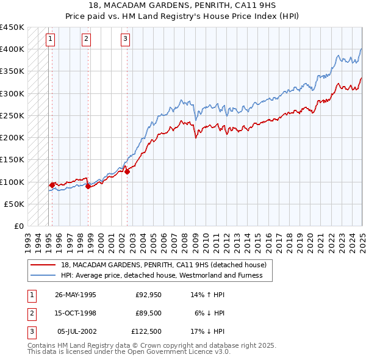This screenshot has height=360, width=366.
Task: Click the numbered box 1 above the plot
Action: click(49, 40)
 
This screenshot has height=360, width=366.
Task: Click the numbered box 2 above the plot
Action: click(87, 40)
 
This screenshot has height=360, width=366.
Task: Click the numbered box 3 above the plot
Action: click(125, 40)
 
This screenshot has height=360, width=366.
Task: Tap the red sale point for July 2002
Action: click(127, 172)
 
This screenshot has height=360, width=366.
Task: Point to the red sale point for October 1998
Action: click(88, 187)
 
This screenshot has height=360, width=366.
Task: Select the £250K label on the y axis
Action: click(12, 116)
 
